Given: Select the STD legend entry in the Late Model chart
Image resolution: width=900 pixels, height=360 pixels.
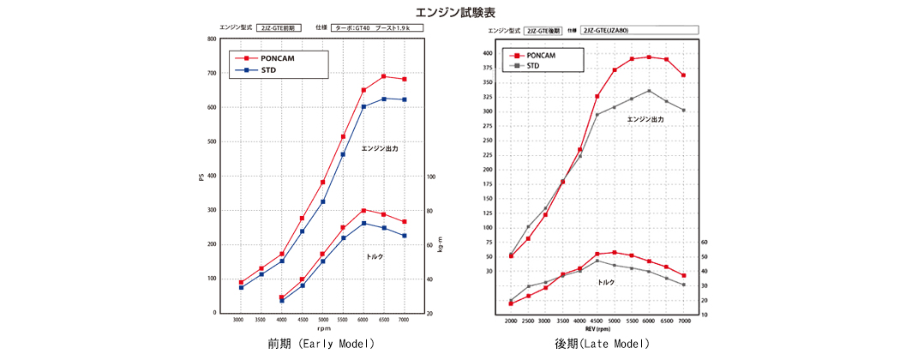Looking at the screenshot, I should point(532,65).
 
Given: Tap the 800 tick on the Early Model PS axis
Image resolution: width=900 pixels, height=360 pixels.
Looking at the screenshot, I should point(211,39).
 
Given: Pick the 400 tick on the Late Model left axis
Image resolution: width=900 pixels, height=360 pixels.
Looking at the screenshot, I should point(487,53).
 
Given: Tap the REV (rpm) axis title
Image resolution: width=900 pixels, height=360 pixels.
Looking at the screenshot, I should point(597,329).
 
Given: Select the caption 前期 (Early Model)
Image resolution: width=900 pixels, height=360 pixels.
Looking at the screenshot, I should point(321,344).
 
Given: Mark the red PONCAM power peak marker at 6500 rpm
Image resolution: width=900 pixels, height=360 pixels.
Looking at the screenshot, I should point(383,76).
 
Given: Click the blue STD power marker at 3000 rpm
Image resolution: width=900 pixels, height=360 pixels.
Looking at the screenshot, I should point(241,287).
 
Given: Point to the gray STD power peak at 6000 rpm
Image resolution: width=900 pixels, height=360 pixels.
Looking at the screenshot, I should point(649,90).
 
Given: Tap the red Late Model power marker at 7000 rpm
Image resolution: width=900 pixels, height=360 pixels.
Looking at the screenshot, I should point(683,75).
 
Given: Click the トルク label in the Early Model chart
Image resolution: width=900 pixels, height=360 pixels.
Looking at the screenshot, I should point(375,256).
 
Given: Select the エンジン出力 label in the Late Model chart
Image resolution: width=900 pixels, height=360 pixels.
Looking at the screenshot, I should point(645,120).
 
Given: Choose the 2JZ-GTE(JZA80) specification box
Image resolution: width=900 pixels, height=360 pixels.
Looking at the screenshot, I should point(639,30).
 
